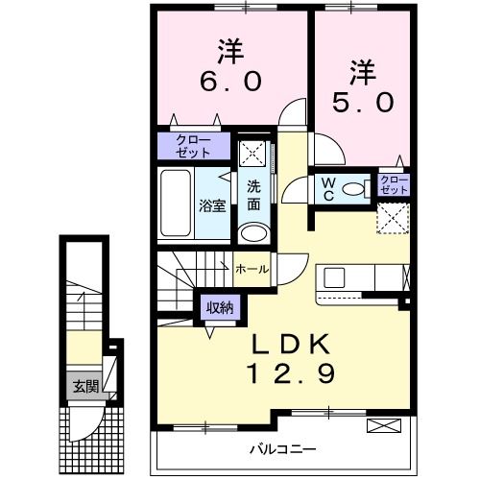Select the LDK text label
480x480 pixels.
(293, 344)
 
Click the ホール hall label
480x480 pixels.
(252, 270)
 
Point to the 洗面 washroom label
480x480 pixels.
(253, 195)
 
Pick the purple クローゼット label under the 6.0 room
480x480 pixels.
(195, 146)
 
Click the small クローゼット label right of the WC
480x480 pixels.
(393, 185)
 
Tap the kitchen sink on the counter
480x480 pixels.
(335, 278)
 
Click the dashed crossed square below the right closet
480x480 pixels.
(391, 218)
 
